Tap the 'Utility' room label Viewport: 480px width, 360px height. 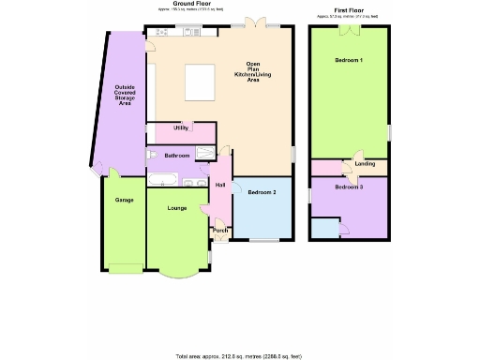[181, 127]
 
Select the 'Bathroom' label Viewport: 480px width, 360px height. [177, 155]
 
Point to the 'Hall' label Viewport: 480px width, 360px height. [220, 185]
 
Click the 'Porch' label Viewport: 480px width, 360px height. [220, 231]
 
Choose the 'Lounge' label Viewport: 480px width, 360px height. [175, 208]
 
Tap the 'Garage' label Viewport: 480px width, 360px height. [123, 201]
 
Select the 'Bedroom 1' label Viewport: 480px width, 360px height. [350, 61]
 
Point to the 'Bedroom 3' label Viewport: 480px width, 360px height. [349, 187]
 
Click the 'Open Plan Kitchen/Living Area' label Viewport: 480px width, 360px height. [252, 72]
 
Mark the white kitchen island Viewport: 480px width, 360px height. [199, 80]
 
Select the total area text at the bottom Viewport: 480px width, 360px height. [239, 356]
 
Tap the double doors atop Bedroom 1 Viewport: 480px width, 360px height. [349, 29]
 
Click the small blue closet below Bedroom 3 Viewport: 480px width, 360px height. [324, 228]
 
